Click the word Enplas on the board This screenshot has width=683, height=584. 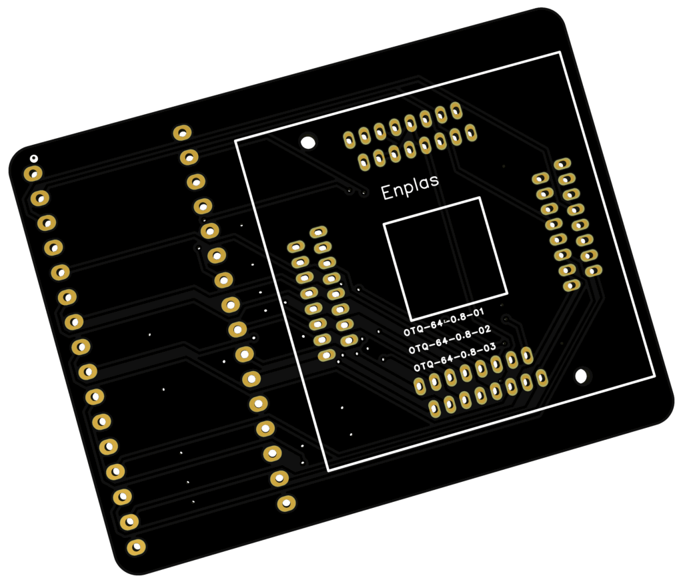[410, 188]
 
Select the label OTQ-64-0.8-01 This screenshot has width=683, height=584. [444, 322]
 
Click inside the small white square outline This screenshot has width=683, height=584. [445, 259]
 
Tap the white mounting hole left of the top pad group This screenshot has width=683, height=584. [308, 142]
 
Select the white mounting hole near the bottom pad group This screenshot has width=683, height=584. [582, 376]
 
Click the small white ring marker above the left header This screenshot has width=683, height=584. [33, 158]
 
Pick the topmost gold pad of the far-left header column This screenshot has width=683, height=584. [33, 174]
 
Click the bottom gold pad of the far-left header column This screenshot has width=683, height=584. [136, 547]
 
